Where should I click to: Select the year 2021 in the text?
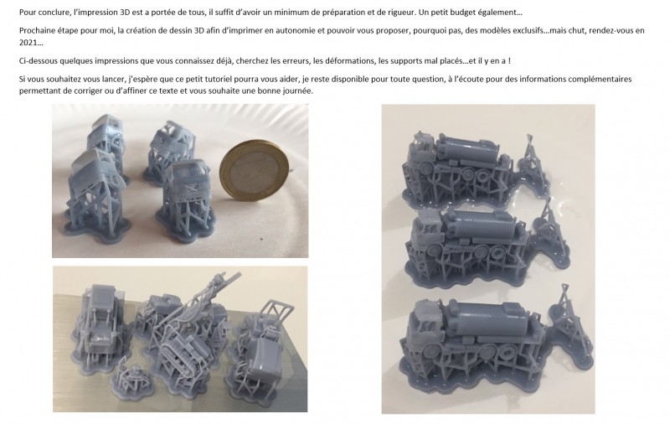pos(27,43)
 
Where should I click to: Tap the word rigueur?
pos(401,13)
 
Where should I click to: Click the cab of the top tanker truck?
pos(422,152)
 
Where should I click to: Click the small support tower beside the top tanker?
pos(530,156)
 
